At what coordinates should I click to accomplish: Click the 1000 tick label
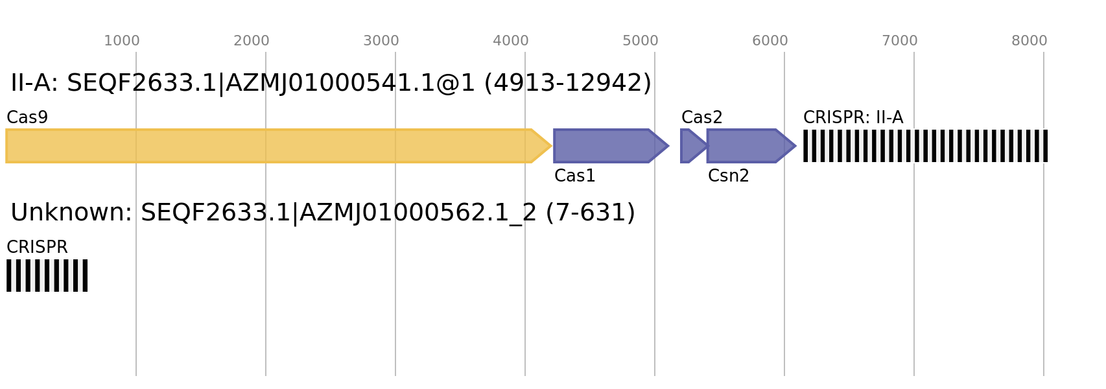pyautogui.click(x=121, y=41)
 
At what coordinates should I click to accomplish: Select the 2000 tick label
pyautogui.click(x=251, y=41)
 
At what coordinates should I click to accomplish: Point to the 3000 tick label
pyautogui.click(x=381, y=41)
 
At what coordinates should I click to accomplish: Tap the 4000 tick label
pyautogui.click(x=510, y=41)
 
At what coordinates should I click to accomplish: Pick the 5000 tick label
pyautogui.click(x=640, y=41)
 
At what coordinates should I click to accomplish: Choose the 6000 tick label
pyautogui.click(x=770, y=41)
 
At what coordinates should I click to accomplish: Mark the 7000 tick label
pyautogui.click(x=899, y=41)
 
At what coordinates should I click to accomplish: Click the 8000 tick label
pyautogui.click(x=1029, y=41)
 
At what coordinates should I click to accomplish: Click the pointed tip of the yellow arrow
pyautogui.click(x=548, y=146)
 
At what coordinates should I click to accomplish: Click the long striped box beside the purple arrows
pyautogui.click(x=925, y=146)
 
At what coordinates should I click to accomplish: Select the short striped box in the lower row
pyautogui.click(x=47, y=276)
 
